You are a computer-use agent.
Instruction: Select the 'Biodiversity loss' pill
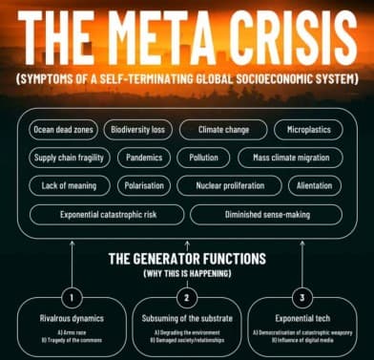136,129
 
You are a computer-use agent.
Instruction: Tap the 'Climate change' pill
217,129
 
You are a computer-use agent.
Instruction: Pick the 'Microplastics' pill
307,129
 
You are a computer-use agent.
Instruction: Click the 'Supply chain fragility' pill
71,157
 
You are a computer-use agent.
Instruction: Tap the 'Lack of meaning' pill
69,185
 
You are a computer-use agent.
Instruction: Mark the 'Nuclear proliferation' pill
229,185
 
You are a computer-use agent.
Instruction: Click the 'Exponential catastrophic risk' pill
105,214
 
